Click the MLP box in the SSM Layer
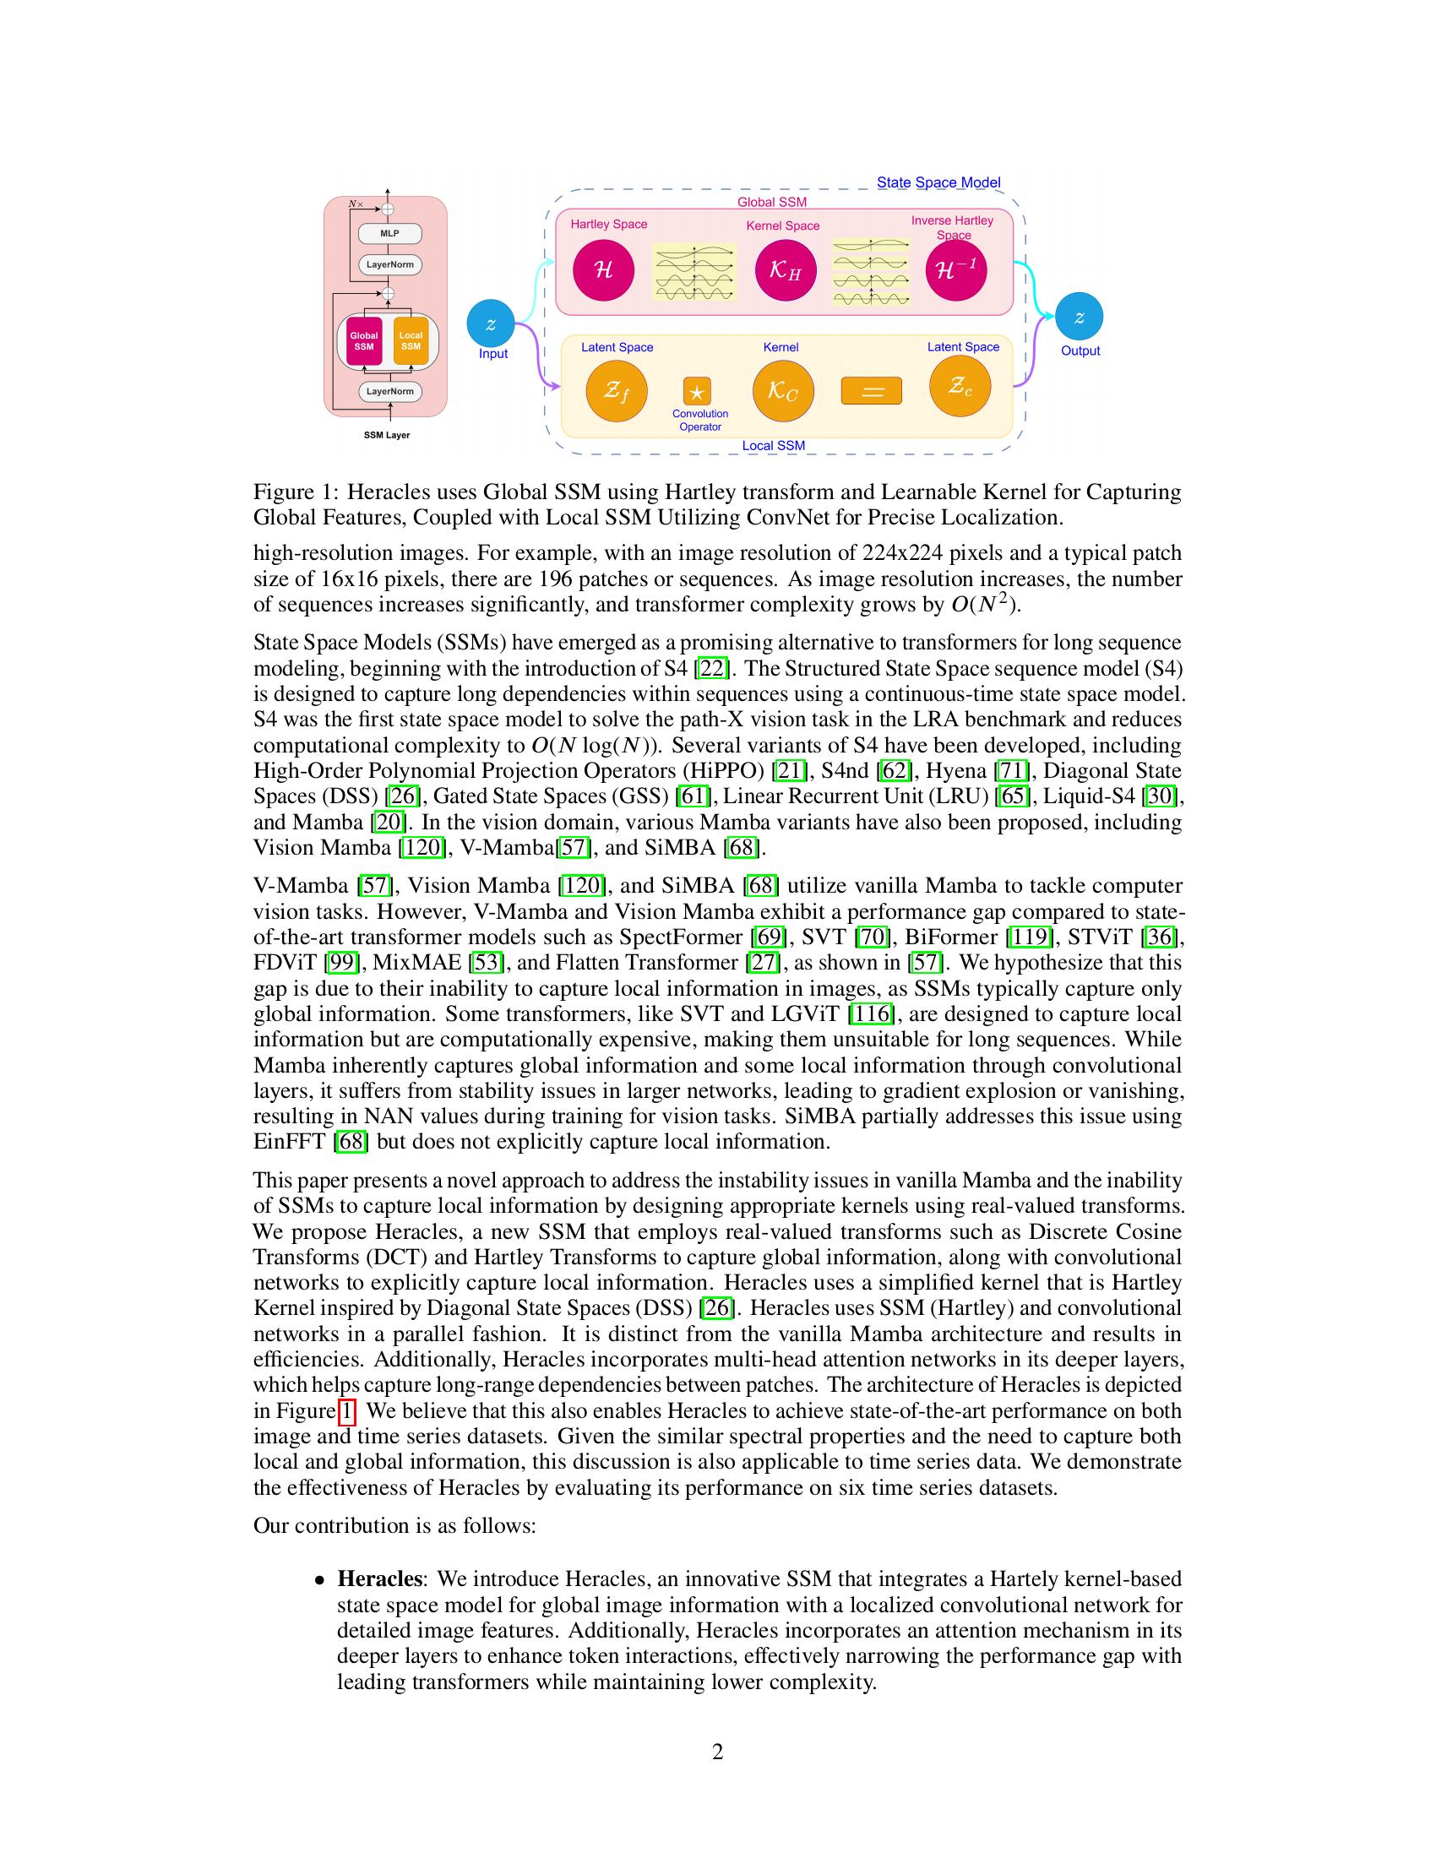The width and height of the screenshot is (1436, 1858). click(389, 233)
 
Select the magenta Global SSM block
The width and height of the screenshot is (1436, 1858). click(364, 340)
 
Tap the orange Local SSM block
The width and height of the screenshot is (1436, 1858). click(411, 340)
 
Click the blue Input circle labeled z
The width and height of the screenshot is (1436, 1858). click(491, 323)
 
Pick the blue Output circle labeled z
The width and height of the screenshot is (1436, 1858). click(1079, 317)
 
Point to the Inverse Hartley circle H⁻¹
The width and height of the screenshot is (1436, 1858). click(956, 270)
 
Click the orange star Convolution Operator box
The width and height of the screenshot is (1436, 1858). click(697, 392)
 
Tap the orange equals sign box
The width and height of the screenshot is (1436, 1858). click(871, 391)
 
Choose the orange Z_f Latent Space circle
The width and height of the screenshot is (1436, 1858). click(617, 390)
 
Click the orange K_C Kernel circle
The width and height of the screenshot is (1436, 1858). click(784, 390)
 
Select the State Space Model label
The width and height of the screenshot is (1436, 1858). click(938, 182)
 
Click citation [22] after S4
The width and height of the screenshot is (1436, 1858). click(711, 668)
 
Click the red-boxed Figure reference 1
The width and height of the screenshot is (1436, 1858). click(346, 1410)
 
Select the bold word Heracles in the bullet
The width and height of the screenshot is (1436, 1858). click(379, 1579)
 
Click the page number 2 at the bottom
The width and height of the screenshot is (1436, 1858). click(717, 1752)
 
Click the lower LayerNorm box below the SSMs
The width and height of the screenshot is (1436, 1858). click(390, 392)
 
